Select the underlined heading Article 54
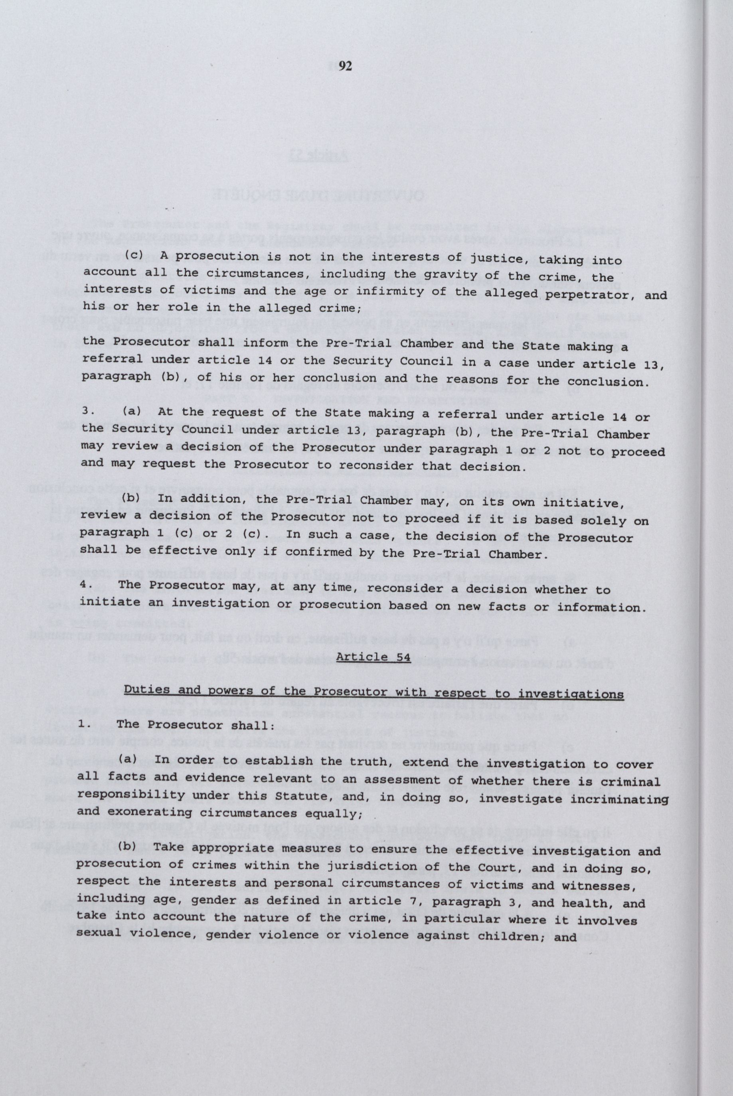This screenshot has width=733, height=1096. coord(373,657)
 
